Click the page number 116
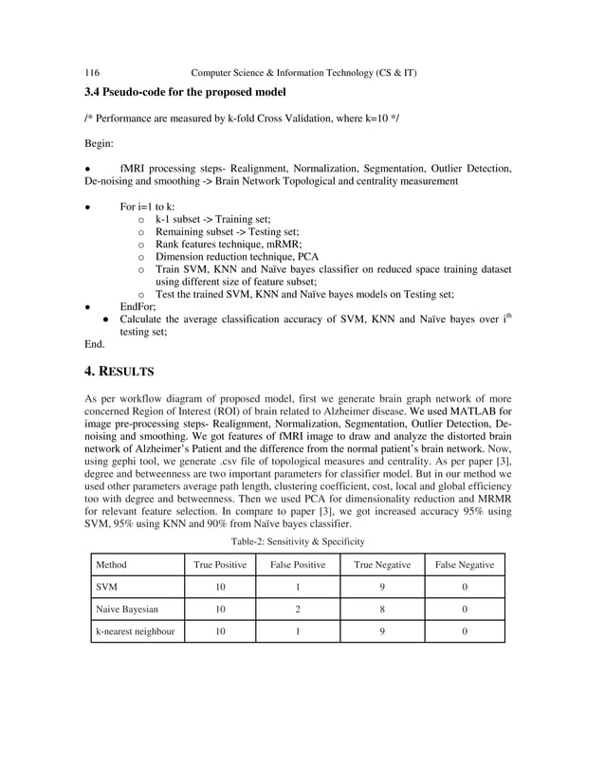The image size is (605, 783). [93, 73]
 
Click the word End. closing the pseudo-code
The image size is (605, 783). [95, 345]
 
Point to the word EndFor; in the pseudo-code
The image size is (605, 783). [137, 307]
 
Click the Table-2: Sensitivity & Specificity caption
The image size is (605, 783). [299, 541]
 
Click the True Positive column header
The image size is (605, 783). [220, 565]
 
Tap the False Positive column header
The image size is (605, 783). [298, 565]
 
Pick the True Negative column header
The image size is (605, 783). [382, 565]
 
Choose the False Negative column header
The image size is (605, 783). [464, 565]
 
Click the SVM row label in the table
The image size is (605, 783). [108, 588]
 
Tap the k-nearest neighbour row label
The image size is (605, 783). [136, 632]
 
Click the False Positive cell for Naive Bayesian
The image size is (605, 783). [298, 610]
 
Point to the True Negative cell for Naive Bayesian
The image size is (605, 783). [382, 610]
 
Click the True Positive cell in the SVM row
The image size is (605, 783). [220, 588]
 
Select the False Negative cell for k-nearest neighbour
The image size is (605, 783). [464, 632]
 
